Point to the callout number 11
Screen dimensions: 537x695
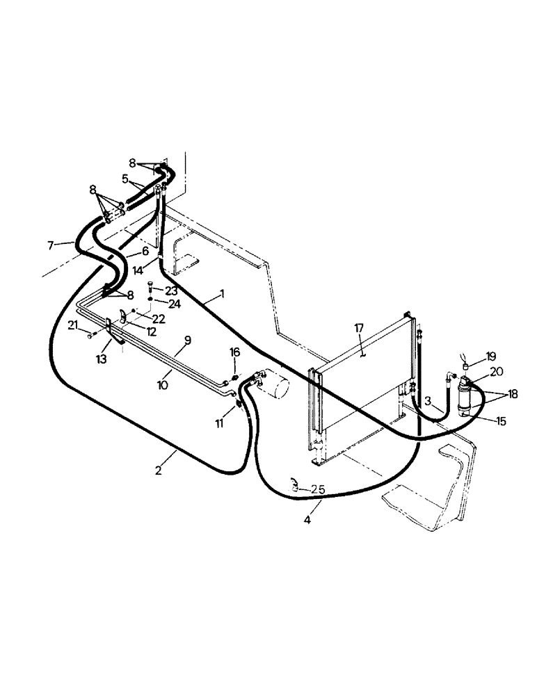(221, 422)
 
